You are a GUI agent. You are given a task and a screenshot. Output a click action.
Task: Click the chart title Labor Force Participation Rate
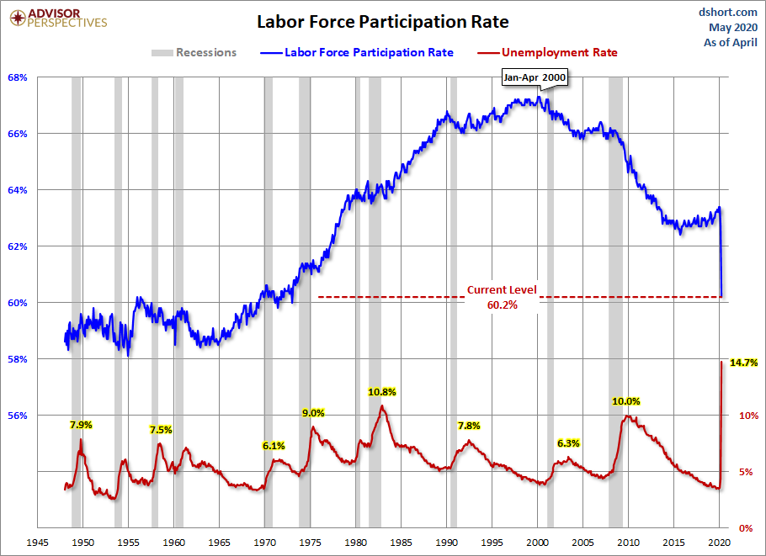click(x=383, y=21)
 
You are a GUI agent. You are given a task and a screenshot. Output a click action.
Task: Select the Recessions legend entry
click(x=194, y=52)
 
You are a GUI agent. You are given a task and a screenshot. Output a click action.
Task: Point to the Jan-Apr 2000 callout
click(x=535, y=77)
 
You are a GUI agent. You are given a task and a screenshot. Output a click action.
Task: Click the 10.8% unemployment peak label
click(x=382, y=392)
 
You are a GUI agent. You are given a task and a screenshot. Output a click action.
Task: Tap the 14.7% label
click(x=744, y=363)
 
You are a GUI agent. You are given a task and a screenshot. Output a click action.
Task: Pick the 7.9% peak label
click(x=81, y=424)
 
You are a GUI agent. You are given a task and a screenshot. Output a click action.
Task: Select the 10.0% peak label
click(x=626, y=401)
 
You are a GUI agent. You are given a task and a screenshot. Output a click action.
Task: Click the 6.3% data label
click(x=568, y=442)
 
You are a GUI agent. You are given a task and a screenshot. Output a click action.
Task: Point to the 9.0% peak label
click(x=313, y=413)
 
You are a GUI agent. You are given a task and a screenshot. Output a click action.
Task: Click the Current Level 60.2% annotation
click(x=502, y=298)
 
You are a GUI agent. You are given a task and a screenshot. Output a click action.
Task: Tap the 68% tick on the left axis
click(x=19, y=77)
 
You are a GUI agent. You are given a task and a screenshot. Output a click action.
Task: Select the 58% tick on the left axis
click(x=19, y=359)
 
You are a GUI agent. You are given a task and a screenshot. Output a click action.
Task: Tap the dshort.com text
click(x=728, y=12)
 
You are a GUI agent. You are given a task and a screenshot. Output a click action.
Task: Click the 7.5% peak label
click(x=161, y=430)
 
